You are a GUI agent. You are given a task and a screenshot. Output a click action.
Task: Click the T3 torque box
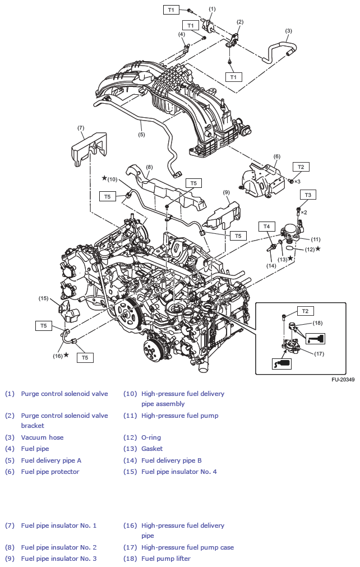click(x=308, y=195)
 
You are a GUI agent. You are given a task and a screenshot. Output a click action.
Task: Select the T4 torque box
click(x=267, y=226)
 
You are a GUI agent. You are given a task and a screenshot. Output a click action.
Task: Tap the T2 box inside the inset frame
click(x=305, y=311)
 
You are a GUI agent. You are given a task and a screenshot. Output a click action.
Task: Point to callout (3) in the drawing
click(x=288, y=31)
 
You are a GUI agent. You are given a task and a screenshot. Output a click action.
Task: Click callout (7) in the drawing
click(x=81, y=128)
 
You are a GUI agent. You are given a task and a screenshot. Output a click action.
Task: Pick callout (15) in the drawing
click(x=44, y=298)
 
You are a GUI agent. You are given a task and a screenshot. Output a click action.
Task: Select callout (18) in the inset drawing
click(x=317, y=324)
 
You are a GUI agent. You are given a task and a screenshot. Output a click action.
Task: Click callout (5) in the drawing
click(x=141, y=135)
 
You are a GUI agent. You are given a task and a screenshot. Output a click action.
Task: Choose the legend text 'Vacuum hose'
click(x=42, y=437)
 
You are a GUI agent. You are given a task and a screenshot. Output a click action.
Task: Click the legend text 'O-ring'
click(x=151, y=437)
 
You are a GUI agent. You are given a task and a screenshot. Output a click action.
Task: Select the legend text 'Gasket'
click(x=152, y=449)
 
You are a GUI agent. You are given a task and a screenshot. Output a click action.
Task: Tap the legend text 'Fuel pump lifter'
click(x=165, y=559)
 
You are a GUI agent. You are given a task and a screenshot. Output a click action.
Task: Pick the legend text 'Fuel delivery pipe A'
click(x=51, y=460)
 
